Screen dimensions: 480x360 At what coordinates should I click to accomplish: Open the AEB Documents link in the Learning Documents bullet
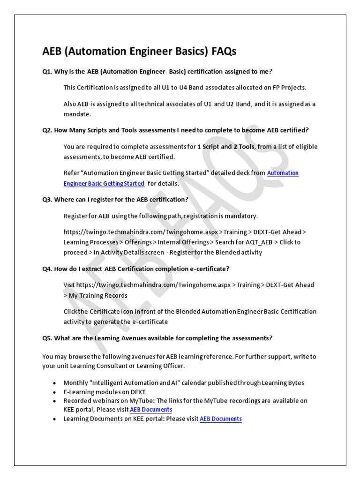point(221,419)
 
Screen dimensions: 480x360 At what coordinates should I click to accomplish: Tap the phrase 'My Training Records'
point(98,295)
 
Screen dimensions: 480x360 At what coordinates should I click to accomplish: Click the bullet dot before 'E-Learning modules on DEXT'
point(56,392)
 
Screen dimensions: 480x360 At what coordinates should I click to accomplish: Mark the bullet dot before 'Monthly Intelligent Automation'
point(56,383)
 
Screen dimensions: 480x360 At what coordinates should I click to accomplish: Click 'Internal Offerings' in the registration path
point(184,242)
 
